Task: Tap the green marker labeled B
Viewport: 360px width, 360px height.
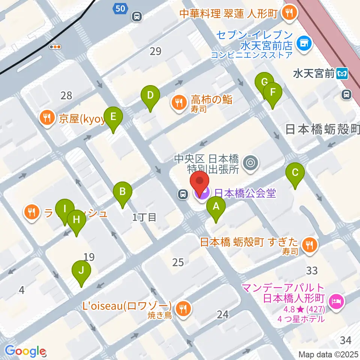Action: pos(122,193)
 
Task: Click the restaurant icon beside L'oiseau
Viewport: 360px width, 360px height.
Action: pos(183,309)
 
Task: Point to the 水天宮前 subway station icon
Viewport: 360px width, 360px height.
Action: pos(342,74)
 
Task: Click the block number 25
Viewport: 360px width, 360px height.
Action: pos(178,262)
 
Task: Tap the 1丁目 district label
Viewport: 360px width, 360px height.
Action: pos(144,217)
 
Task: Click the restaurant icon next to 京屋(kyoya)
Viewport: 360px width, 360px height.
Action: pos(47,119)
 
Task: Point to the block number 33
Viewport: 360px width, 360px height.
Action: pos(312,270)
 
